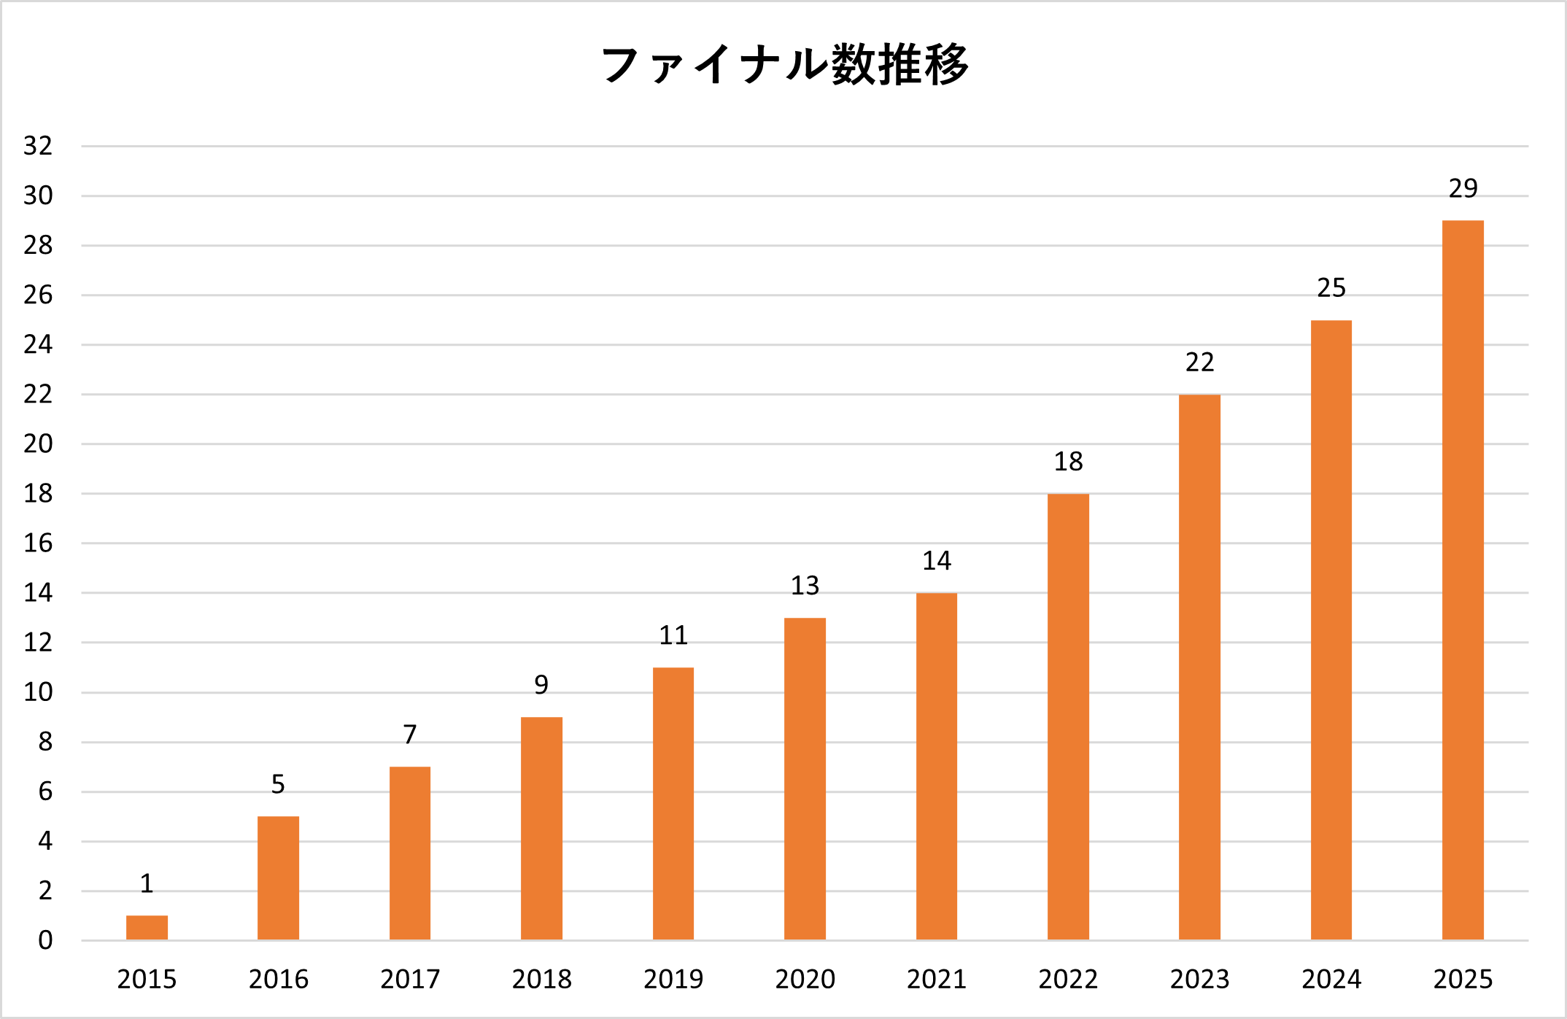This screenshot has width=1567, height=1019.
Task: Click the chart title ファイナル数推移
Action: (784, 64)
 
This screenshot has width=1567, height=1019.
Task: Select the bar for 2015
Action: (147, 927)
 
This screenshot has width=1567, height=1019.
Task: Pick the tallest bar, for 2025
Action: (1463, 580)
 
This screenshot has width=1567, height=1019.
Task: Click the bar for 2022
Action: (1068, 716)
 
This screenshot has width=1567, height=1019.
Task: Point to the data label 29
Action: (1463, 188)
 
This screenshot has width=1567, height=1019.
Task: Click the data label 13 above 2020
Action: (805, 586)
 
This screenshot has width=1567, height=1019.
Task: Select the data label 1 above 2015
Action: (147, 883)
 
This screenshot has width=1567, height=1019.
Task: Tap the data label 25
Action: (1331, 288)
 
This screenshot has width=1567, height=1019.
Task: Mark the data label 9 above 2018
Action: (541, 685)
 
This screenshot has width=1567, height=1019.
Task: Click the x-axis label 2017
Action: (410, 979)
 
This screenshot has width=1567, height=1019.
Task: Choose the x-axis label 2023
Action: (1199, 979)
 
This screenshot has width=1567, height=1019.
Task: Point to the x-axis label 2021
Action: (936, 979)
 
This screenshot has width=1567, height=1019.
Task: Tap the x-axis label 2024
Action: (1331, 979)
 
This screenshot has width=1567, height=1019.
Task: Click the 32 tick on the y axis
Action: (38, 146)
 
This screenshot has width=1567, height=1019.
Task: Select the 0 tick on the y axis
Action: (45, 940)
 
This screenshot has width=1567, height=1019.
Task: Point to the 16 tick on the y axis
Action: (38, 543)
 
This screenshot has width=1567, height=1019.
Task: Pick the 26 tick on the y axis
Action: (38, 295)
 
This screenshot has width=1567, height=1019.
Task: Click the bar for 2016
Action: (278, 877)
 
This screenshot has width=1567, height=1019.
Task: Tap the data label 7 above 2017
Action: (410, 735)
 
